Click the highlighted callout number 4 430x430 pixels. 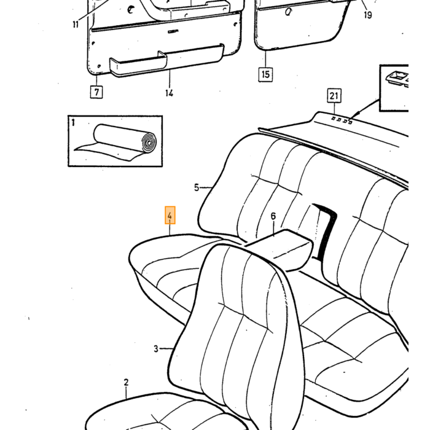pos(170,215)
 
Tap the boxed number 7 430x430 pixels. pos(96,92)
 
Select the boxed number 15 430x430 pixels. pos(265,74)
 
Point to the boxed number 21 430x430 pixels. pos(334,95)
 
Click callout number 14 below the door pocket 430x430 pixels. pos(169,93)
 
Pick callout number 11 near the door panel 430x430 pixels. pos(76,25)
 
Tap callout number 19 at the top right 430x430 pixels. pos(368,15)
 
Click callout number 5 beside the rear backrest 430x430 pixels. pos(197,187)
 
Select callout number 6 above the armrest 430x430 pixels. pos(273,216)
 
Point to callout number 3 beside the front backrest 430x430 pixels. pos(156,348)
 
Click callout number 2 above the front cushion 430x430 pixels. pos(126,382)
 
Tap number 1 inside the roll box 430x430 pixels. pos(73,122)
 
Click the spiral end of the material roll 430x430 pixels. pos(149,143)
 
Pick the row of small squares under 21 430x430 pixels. pos(342,120)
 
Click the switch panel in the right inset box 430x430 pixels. pos(397,79)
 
